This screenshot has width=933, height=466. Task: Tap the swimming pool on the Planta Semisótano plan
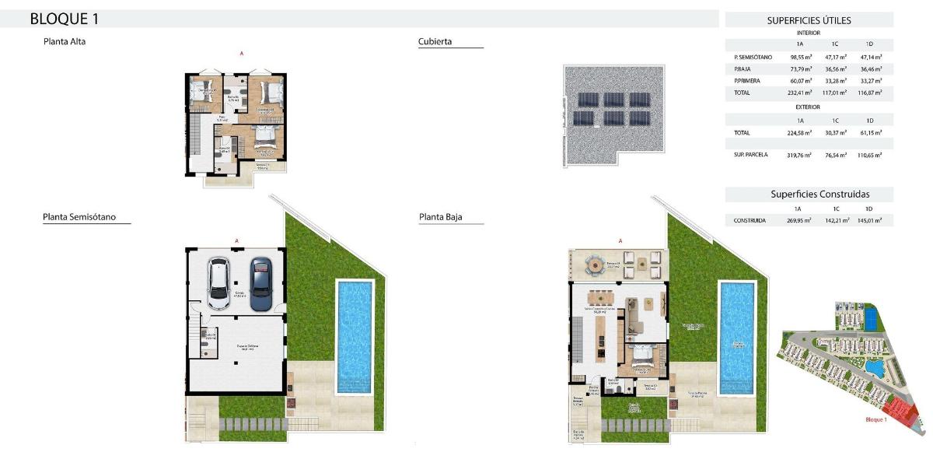(355, 336)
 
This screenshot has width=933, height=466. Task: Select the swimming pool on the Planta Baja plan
(737, 337)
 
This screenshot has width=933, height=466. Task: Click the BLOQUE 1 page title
(64, 19)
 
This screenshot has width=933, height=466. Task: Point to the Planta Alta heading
(65, 42)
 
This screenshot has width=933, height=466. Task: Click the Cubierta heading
(435, 42)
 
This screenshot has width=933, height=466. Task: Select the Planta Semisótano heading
(79, 217)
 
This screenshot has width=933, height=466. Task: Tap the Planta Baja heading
(440, 217)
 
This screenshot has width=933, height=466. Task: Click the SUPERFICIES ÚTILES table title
(809, 21)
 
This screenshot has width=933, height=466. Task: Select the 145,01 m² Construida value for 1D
(870, 221)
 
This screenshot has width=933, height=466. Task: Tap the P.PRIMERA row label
(747, 81)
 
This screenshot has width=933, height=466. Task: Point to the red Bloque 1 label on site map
(875, 420)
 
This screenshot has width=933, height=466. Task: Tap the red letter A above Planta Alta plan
(241, 54)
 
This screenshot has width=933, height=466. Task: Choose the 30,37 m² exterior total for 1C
(835, 133)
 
